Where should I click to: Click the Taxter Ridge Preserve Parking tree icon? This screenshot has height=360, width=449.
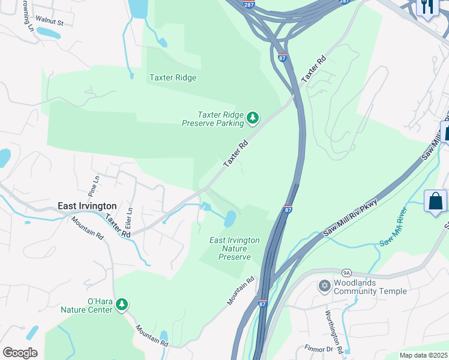tap(253, 118)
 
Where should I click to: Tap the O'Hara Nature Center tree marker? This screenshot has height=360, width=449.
tap(122, 305)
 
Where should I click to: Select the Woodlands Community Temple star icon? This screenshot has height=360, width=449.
tap(325, 286)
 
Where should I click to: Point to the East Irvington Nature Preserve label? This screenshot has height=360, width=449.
tap(234, 248)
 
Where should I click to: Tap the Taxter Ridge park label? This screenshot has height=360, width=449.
tap(172, 77)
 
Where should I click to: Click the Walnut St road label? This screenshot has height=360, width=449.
tap(50, 22)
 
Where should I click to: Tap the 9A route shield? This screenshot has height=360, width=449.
tap(345, 272)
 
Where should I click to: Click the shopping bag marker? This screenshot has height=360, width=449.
tap(436, 201)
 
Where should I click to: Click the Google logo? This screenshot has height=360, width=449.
tap(20, 353)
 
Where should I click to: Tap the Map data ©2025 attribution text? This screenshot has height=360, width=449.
tap(423, 355)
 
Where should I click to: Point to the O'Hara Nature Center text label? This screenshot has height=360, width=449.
tap(87, 305)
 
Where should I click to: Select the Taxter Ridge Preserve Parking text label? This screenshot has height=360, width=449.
tap(213, 119)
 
